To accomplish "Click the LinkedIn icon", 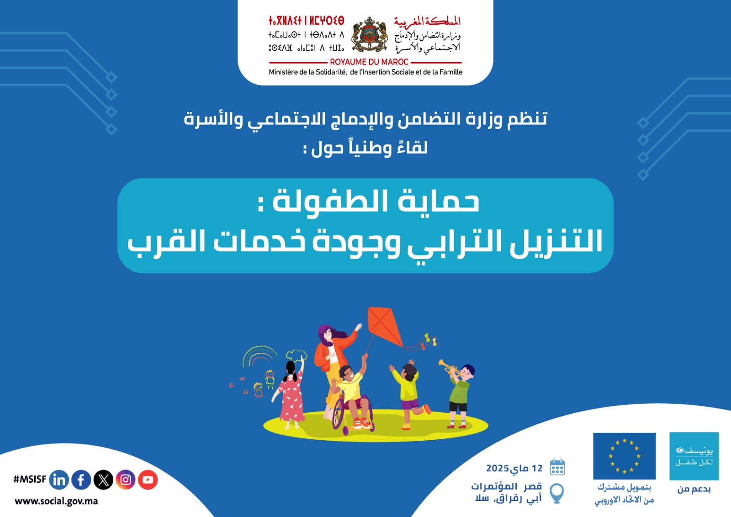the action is coord(59,480).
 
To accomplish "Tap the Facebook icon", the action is coord(81,480).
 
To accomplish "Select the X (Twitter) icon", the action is coord(103,480).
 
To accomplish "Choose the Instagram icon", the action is coord(126,480).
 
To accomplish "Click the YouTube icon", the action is coord(148,480).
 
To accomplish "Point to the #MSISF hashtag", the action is coord(30,480).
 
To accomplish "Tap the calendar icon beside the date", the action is coord(557,467).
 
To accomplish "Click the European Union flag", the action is coord(624,456).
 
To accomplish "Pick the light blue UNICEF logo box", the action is coord(694,456).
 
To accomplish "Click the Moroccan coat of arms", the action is coord(370,35).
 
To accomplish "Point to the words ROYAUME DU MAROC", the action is coord(369,62).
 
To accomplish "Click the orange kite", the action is coord(385,326).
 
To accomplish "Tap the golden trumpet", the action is coord(449,368).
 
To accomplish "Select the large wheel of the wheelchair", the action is coord(339,413).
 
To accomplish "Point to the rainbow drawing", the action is coord(260,356).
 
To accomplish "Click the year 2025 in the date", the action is coord(498,469).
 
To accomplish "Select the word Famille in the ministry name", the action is coord(450,72).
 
